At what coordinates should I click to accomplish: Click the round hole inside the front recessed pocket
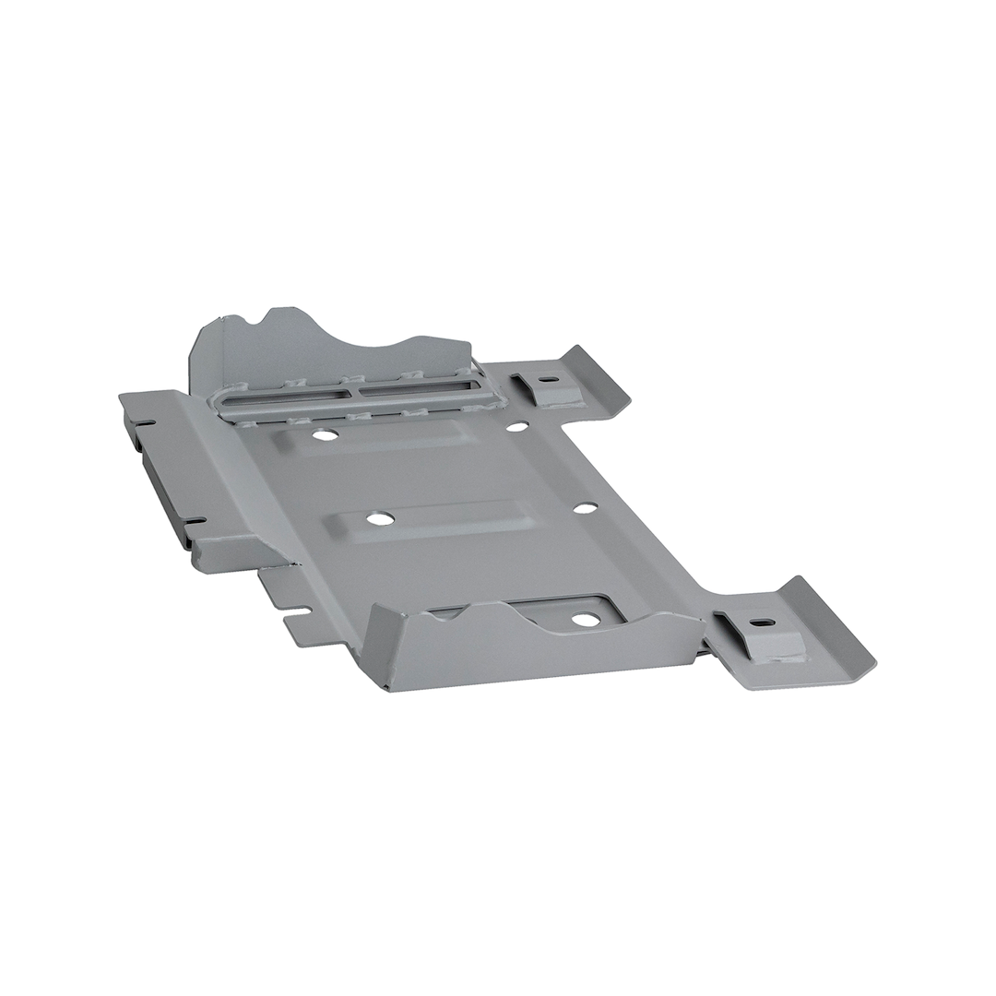click(586, 619)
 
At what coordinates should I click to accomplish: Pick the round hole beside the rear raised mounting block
click(517, 426)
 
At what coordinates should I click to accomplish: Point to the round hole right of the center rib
click(585, 507)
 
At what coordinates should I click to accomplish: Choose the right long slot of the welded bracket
click(417, 388)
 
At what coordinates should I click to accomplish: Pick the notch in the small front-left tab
click(304, 611)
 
